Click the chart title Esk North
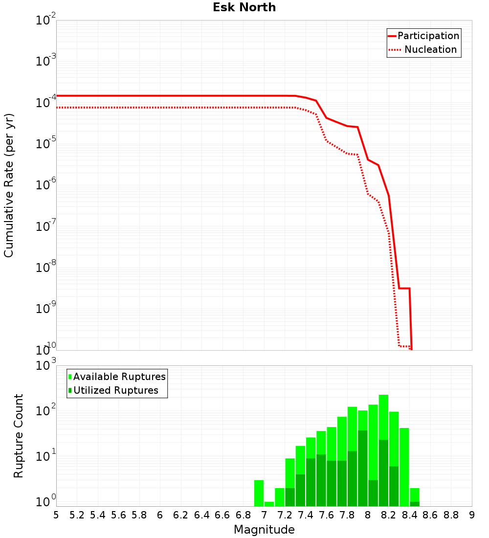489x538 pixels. [244, 7]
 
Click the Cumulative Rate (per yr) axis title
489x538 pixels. [9, 185]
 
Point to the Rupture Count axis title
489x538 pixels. [19, 436]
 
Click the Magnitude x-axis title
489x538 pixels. [264, 530]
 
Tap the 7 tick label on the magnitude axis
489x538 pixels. [264, 515]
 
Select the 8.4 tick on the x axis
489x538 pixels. [410, 515]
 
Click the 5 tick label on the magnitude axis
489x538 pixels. [56, 515]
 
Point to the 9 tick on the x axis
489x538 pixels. [472, 515]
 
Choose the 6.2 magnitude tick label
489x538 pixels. [181, 515]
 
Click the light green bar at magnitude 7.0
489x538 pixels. [269, 504]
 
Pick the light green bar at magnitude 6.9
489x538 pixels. [259, 493]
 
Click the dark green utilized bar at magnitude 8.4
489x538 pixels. [414, 504]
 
